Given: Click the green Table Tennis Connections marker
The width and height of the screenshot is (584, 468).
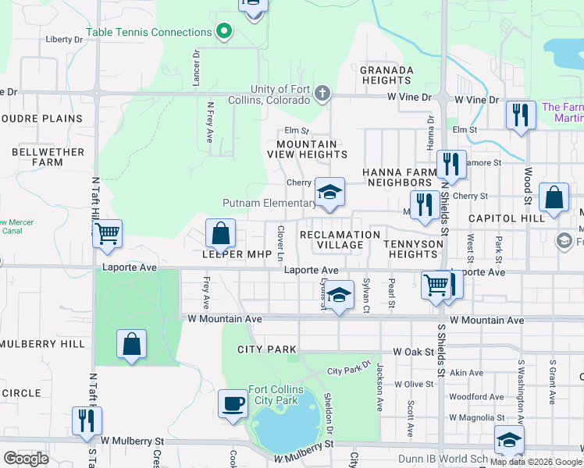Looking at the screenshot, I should [x=223, y=32].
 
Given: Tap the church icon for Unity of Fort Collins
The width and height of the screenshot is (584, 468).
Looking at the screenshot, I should [x=322, y=94].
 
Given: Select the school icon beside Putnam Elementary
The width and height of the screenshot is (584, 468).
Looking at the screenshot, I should [x=329, y=193].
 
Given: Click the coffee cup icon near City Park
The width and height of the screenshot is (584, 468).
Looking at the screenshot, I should [x=233, y=404].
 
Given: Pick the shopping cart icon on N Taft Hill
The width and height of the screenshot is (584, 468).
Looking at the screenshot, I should [x=107, y=232].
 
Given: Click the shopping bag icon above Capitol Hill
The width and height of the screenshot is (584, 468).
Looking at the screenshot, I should [x=554, y=198].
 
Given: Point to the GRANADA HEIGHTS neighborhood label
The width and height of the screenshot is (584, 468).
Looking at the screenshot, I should [x=386, y=75].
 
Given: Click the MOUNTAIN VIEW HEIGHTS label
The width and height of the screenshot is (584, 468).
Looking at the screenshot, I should [x=308, y=150].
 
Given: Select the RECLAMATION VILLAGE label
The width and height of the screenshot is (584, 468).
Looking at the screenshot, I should [x=340, y=239].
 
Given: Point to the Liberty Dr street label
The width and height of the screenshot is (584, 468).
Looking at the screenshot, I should [x=64, y=39].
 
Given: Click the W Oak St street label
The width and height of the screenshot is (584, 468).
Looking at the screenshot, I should [x=413, y=352].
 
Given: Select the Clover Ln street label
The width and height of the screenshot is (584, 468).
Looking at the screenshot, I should [x=280, y=243].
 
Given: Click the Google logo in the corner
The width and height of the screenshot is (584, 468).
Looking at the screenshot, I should [x=27, y=458].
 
